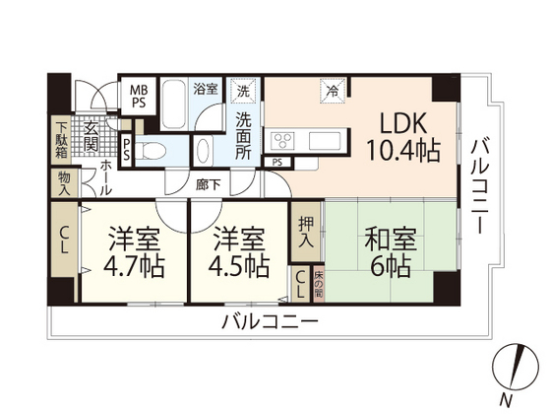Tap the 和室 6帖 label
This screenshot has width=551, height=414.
(x=390, y=252)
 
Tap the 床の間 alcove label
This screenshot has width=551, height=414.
(x=318, y=285)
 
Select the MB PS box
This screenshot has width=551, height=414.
(x=139, y=95)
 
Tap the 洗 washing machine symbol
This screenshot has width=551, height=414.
(x=243, y=92)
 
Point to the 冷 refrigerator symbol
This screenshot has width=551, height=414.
(x=332, y=92)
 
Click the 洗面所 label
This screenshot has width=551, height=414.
(x=244, y=135)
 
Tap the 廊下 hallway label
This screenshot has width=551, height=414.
(x=207, y=182)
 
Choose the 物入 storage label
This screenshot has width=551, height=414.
(x=63, y=182)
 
